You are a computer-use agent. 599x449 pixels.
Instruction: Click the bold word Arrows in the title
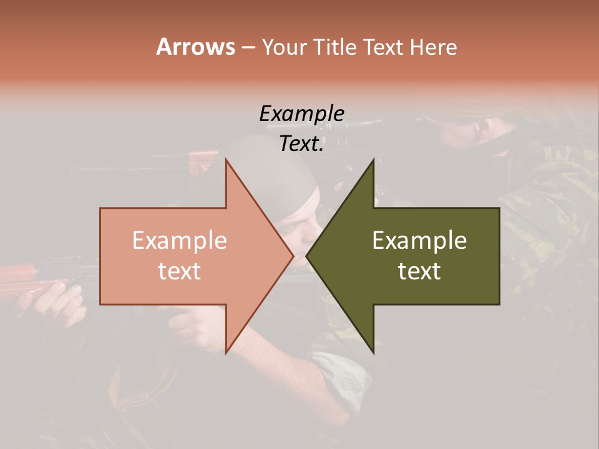coord(195,47)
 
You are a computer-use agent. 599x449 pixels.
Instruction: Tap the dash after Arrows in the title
coord(248,48)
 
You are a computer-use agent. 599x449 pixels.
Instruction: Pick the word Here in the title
coord(434,47)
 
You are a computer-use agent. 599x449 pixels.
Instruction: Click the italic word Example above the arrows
coord(301,114)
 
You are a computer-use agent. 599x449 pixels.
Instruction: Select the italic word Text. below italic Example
coord(301,144)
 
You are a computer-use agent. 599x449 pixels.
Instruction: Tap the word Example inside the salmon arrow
coord(179,241)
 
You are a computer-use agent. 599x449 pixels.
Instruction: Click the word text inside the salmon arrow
coord(179,271)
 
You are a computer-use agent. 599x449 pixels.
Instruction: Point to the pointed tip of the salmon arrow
coord(293,256)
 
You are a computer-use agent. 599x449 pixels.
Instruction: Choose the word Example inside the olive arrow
coord(419,241)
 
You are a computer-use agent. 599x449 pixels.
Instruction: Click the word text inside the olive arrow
coord(419,271)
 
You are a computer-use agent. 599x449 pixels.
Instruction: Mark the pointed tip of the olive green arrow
coord(307,256)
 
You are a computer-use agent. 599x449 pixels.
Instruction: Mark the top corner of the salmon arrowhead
coord(226,160)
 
